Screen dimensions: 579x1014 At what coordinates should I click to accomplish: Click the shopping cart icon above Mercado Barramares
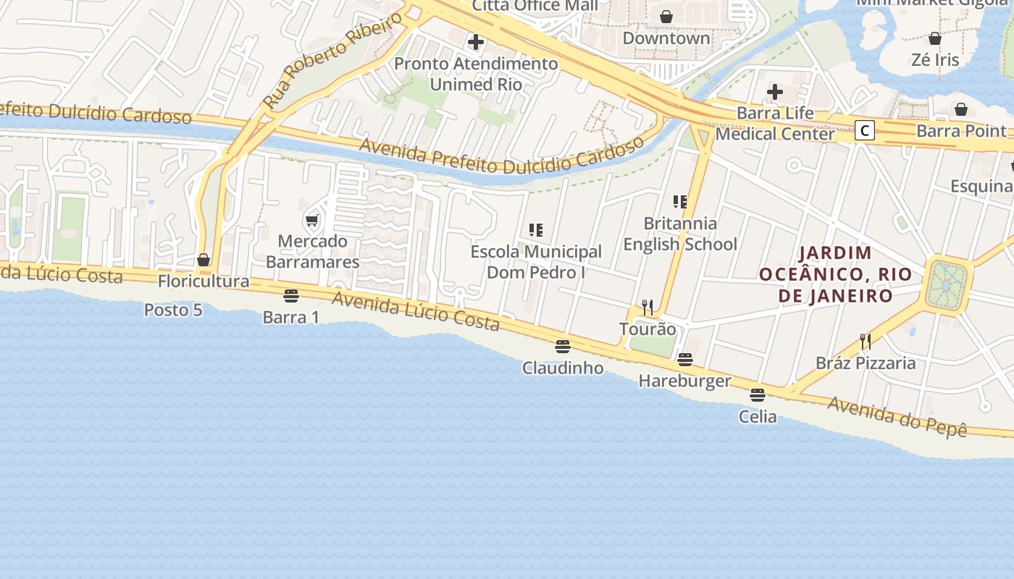(x=312, y=220)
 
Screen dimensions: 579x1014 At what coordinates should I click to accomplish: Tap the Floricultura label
(x=204, y=281)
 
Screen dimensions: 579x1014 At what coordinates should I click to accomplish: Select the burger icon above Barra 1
(x=291, y=295)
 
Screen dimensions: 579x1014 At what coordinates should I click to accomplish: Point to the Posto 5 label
(x=173, y=310)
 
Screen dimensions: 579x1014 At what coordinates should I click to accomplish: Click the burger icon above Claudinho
(x=563, y=346)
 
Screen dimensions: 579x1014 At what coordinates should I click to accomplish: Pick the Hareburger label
(x=684, y=381)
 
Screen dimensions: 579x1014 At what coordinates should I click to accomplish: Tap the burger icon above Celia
(x=758, y=394)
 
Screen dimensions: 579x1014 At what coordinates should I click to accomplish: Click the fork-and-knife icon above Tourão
(x=648, y=308)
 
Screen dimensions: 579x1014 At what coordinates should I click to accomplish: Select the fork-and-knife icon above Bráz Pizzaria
(x=865, y=341)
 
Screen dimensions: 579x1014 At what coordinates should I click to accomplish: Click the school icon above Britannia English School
(x=679, y=201)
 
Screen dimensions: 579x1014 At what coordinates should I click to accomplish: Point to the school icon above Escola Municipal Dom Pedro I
(x=536, y=230)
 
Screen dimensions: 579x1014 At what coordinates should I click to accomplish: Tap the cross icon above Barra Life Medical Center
(x=775, y=92)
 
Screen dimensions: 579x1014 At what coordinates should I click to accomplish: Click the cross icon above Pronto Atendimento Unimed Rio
(x=476, y=41)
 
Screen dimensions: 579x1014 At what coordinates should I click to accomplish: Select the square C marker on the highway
(x=864, y=130)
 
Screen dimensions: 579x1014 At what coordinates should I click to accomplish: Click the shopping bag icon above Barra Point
(x=961, y=109)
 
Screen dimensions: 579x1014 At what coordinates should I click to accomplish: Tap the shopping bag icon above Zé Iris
(x=935, y=38)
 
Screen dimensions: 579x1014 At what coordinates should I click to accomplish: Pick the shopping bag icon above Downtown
(x=666, y=16)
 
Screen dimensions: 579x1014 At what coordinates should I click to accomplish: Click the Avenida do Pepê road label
(x=897, y=415)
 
